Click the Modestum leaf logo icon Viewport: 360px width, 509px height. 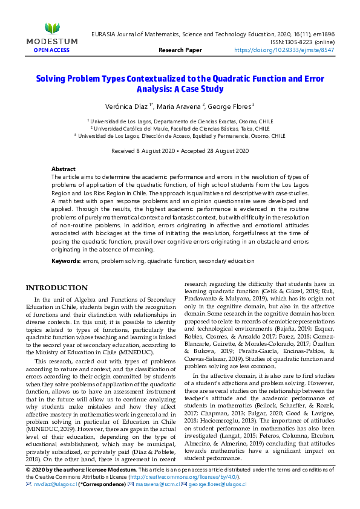point(52,28)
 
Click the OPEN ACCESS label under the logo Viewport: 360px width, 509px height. point(51,50)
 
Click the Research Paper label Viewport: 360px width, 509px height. point(180,50)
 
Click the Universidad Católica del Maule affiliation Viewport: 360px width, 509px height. point(180,129)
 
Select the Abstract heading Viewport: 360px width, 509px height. point(63,169)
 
